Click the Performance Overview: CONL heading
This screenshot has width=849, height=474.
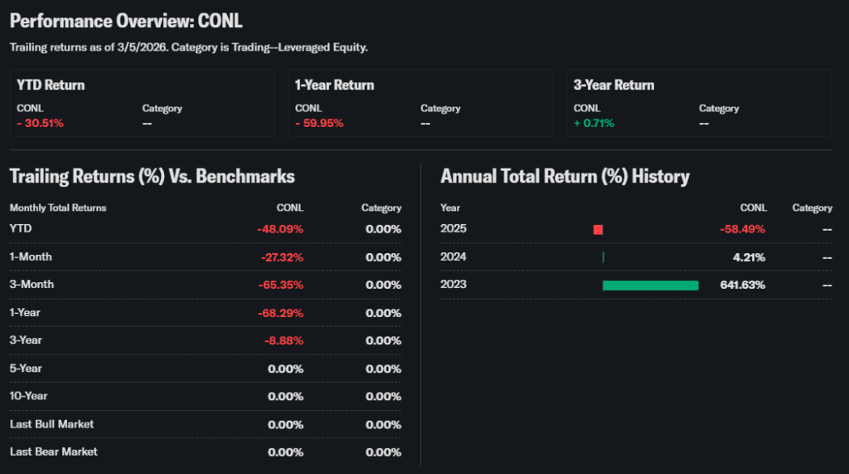coord(126,21)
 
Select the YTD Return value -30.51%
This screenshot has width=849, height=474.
coord(41,123)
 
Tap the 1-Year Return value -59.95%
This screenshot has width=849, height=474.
coord(319,123)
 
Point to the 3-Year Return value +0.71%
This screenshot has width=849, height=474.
coord(594,123)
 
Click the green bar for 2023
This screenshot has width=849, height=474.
coord(650,285)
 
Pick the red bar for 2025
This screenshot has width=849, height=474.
coord(598,229)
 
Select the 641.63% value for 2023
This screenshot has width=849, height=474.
coord(742,285)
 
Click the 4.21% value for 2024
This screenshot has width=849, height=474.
coord(749,257)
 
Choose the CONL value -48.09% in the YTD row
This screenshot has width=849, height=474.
coord(280,229)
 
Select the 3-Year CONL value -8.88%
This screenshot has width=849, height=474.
coord(284,340)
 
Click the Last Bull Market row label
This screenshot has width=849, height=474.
coord(51,424)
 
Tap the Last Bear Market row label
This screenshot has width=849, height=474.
coord(53,452)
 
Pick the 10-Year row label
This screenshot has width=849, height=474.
coord(29,396)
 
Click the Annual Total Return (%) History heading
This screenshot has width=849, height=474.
coord(565,176)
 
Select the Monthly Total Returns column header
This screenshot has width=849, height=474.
coord(58,208)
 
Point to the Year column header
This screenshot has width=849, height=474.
coord(450,208)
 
